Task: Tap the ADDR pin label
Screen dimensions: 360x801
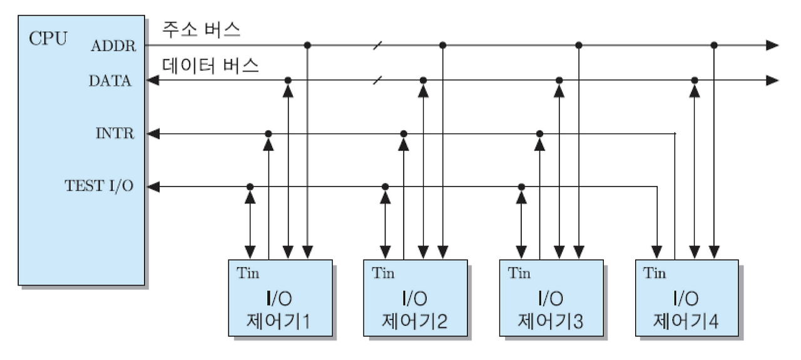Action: (x=113, y=46)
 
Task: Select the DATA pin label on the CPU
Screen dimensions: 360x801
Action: (x=110, y=81)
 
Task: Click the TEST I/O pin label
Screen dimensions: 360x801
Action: (x=99, y=187)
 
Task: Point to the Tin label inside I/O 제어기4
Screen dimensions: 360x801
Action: (x=655, y=274)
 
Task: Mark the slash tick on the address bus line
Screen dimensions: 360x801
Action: (x=377, y=45)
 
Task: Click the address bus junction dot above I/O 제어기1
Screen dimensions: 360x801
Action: (x=307, y=45)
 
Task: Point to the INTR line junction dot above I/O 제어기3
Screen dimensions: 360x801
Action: (x=539, y=134)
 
